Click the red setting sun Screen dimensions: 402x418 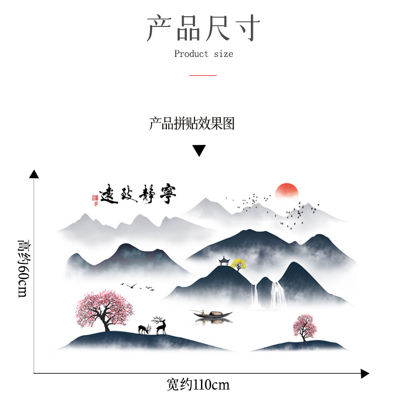click(286, 191)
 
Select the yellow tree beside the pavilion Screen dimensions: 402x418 click(238, 263)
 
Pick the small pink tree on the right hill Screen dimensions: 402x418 click(303, 326)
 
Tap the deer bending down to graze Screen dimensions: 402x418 click(145, 330)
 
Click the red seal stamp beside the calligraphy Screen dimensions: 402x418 click(94, 198)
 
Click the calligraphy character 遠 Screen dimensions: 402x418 click(108, 194)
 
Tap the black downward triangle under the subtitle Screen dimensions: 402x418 click(199, 151)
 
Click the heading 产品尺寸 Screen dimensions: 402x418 click(203, 27)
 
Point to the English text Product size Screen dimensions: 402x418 click(204, 54)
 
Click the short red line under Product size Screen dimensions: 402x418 click(203, 75)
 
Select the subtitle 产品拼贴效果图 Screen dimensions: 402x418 click(192, 124)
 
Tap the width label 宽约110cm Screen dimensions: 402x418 click(198, 385)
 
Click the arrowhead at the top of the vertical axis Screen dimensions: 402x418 click(34, 174)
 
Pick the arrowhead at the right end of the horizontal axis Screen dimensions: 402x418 click(364, 374)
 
